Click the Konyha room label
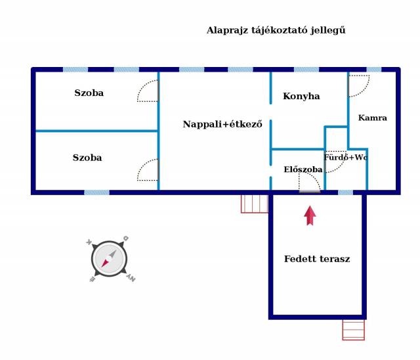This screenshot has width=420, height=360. coord(301,96)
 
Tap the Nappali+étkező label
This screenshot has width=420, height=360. coord(222,124)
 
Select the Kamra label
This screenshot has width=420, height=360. coord(373,118)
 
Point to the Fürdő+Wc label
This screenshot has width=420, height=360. coord(346,157)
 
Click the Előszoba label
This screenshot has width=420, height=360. coord(303,169)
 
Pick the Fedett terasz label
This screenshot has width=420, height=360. coord(317,259)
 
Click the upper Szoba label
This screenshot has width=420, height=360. coord(89,93)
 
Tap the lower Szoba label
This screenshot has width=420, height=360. coord(87,158)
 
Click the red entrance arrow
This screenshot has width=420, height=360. coord(310,215)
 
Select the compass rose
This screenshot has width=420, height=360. coord(110,259)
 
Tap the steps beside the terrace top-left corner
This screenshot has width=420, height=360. coord(255,204)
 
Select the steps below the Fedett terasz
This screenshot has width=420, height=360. coord(353,330)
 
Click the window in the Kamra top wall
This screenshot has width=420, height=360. coord(373,70)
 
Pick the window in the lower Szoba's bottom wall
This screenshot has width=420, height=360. coord(96,192)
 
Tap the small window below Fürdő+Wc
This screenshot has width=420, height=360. coord(346,192)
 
